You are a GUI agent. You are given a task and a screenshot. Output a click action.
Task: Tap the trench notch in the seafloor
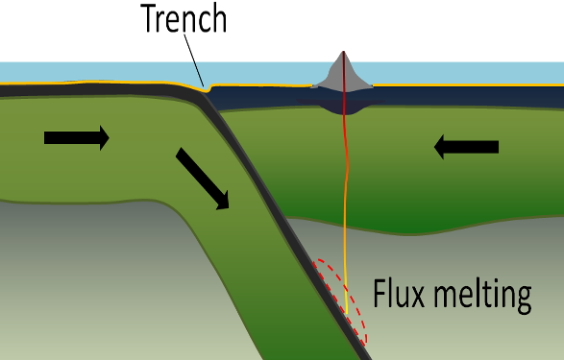(x=209, y=90)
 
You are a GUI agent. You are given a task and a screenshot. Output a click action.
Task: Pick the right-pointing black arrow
(x=77, y=138)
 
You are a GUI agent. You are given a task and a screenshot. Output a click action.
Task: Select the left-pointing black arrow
(x=466, y=147)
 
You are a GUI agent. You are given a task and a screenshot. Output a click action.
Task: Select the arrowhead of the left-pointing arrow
(x=441, y=147)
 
